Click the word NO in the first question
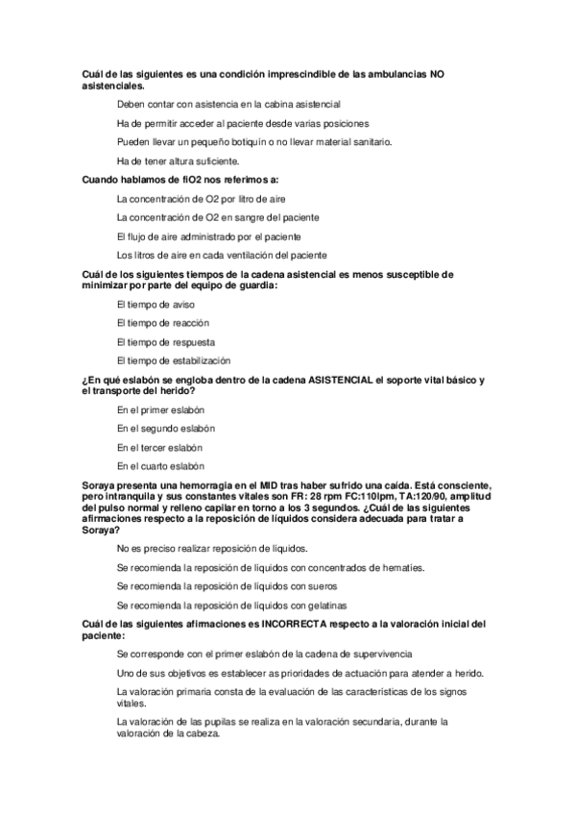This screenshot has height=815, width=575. [437, 74]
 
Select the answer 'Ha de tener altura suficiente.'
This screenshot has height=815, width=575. [178, 161]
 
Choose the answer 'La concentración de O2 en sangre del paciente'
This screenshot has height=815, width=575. [218, 217]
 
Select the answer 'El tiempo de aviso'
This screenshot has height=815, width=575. [155, 304]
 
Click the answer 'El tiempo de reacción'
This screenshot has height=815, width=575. [162, 323]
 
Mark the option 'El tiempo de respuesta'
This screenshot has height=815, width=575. [165, 341]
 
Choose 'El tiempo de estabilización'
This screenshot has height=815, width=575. [174, 360]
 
